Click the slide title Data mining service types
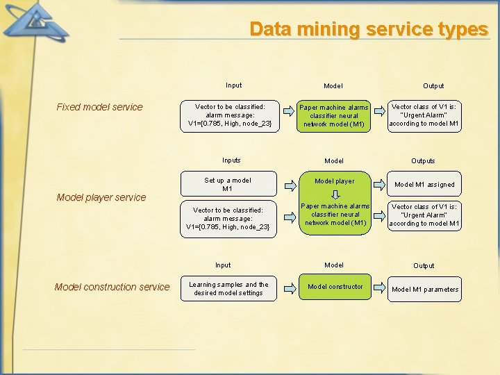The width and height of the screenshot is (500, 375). (x=369, y=29)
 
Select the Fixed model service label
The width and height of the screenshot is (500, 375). (x=99, y=107)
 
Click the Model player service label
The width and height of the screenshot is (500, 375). (x=101, y=197)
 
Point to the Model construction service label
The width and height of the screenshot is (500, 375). (x=112, y=287)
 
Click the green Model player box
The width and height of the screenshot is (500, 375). (x=334, y=182)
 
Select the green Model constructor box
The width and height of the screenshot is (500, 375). (x=335, y=287)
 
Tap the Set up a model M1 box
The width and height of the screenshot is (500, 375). (x=227, y=185)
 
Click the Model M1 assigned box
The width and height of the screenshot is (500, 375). (x=424, y=185)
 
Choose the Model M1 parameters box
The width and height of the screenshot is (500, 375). (x=425, y=290)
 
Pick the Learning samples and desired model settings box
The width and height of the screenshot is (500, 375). (x=228, y=289)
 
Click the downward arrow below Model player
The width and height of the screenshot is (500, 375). (x=334, y=196)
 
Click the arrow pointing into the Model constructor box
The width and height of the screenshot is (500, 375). (x=287, y=287)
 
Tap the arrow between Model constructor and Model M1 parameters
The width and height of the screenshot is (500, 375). (x=378, y=287)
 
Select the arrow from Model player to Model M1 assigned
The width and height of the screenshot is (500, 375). (x=378, y=185)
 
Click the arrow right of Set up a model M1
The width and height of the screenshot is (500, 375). (x=287, y=185)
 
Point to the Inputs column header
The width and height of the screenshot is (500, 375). (x=231, y=160)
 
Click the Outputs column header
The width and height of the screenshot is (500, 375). (x=423, y=161)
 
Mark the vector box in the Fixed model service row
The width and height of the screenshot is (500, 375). (x=229, y=115)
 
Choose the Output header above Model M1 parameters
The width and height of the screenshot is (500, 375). (x=424, y=266)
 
